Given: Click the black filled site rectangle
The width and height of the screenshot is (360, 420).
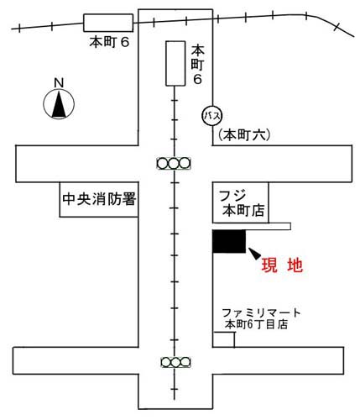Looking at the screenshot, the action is tap(229, 241).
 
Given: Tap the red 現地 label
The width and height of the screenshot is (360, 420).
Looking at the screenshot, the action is tap(282, 265).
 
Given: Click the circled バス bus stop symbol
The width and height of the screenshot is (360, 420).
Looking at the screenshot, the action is tap(212, 116).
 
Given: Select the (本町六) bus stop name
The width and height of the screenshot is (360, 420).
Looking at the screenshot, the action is tap(244, 135).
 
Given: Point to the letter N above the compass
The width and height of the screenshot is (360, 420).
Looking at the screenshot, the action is tap(59, 83).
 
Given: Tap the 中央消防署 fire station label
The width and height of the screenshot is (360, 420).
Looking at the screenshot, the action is tap(99, 199).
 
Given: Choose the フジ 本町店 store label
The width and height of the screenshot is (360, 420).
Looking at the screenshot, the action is tap(242, 203).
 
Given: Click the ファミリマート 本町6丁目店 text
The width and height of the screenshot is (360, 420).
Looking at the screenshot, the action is tap(261, 318).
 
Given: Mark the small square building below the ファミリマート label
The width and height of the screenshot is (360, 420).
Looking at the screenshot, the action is tap(224, 339).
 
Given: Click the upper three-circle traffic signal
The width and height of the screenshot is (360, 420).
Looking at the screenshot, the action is tap(174, 164).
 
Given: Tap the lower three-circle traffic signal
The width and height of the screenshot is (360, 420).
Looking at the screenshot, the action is tap(175, 362).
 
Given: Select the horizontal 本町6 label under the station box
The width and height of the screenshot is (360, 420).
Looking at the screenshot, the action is tap(109, 42).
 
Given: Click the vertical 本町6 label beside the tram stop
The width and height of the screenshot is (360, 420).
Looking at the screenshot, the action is tap(197, 65).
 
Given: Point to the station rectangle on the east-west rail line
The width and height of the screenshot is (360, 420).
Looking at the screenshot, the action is tap(108, 23).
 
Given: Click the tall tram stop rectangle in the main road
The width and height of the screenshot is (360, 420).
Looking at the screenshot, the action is tap(175, 63).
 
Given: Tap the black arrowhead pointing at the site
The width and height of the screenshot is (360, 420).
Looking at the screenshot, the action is tap(254, 254).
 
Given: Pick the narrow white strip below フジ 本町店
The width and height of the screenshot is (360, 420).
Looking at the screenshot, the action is tap(252, 226).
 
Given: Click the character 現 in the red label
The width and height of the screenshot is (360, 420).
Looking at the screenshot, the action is tap(269, 265).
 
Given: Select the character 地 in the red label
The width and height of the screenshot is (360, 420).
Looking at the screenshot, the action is tap(295, 265).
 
